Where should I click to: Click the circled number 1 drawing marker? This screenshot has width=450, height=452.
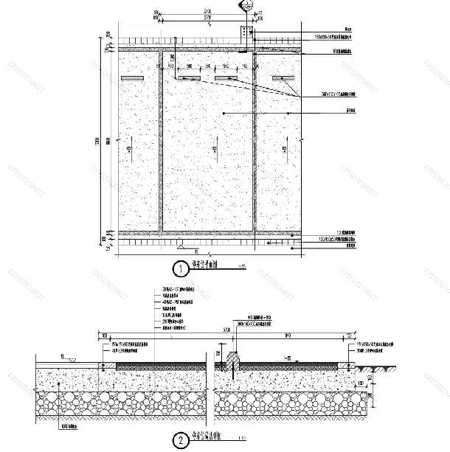coord(179,267)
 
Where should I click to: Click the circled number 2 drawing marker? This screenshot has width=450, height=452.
coord(179,442)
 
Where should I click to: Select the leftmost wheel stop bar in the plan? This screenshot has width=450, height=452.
coord(131,78)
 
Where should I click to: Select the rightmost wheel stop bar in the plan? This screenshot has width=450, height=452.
coord(283,78)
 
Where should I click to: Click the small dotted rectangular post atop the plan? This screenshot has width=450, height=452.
coord(244,33)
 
